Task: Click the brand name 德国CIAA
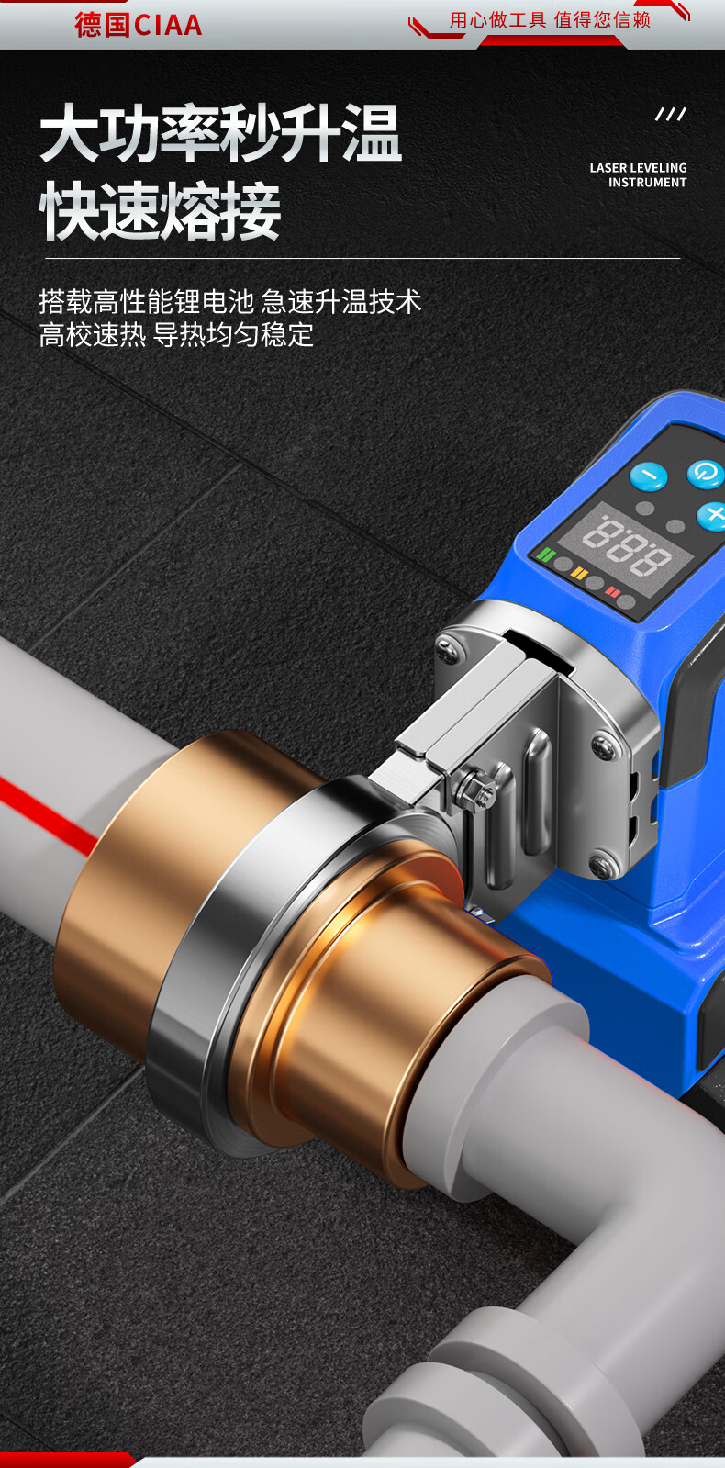tap(139, 25)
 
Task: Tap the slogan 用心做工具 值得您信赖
tap(550, 20)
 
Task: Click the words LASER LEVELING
tap(638, 168)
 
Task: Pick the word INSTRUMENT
tap(647, 182)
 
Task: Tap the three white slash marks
tap(671, 115)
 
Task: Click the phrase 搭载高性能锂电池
tap(146, 301)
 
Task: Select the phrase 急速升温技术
tap(341, 301)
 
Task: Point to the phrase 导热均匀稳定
tap(233, 335)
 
